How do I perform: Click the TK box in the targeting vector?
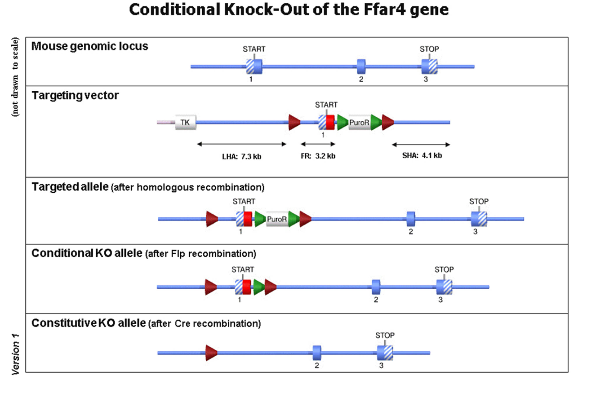[x=185, y=122]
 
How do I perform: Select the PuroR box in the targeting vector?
[x=359, y=122]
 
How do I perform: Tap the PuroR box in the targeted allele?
[x=277, y=219]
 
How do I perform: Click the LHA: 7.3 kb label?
[x=241, y=157]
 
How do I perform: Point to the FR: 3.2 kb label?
[x=318, y=156]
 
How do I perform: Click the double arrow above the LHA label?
[x=241, y=144]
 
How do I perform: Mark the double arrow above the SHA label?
[x=421, y=144]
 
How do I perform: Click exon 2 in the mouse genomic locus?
[x=361, y=67]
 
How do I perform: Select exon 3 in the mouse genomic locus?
[x=429, y=67]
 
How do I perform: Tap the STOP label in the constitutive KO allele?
[x=385, y=335]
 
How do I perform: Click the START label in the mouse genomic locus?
[x=254, y=49]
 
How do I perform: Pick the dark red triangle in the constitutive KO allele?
[x=211, y=353]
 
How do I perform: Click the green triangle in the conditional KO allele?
[x=259, y=287]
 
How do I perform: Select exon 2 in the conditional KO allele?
[x=376, y=287]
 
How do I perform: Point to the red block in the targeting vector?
[x=330, y=122]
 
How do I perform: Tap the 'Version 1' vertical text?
[x=15, y=354]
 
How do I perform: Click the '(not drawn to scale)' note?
[x=15, y=77]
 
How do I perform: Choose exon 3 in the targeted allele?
[x=479, y=219]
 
